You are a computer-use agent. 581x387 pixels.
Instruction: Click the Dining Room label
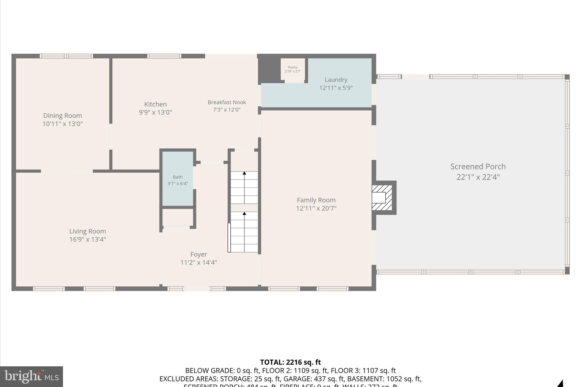click(x=62, y=115)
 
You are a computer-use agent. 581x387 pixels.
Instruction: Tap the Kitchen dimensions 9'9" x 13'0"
click(x=155, y=112)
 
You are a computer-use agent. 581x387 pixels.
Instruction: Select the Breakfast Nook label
click(x=227, y=102)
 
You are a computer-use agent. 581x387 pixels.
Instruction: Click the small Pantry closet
click(x=293, y=69)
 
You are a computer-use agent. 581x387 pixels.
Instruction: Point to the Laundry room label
click(x=336, y=80)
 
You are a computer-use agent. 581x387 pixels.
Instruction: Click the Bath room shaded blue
click(x=178, y=179)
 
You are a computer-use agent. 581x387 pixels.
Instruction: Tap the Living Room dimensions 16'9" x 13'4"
click(x=87, y=239)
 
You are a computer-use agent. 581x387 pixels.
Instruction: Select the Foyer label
click(x=199, y=254)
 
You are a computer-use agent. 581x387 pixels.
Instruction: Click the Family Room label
click(x=316, y=200)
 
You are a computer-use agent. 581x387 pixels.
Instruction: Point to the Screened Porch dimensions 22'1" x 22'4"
click(x=478, y=177)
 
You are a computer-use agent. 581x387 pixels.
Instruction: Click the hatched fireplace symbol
click(x=382, y=198)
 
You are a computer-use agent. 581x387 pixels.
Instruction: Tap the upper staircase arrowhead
click(x=244, y=173)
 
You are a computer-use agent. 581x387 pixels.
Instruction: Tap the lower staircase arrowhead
click(x=244, y=213)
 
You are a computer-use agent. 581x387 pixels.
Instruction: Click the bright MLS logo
click(x=31, y=377)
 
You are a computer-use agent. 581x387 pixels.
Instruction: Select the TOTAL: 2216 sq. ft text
click(x=290, y=362)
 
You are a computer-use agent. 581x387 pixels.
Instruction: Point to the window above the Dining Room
click(x=66, y=56)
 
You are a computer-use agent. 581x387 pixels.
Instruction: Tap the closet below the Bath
click(x=177, y=217)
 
